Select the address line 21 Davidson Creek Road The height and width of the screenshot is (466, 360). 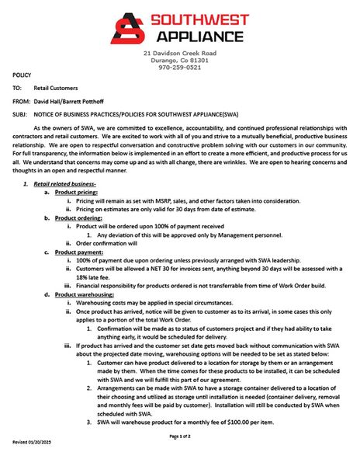point(179,53)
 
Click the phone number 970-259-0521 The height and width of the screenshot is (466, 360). point(179,68)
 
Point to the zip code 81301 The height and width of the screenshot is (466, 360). point(199,60)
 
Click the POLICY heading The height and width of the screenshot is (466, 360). point(22,75)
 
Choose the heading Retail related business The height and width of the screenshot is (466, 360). point(64,183)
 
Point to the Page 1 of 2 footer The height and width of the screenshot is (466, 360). point(179,436)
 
